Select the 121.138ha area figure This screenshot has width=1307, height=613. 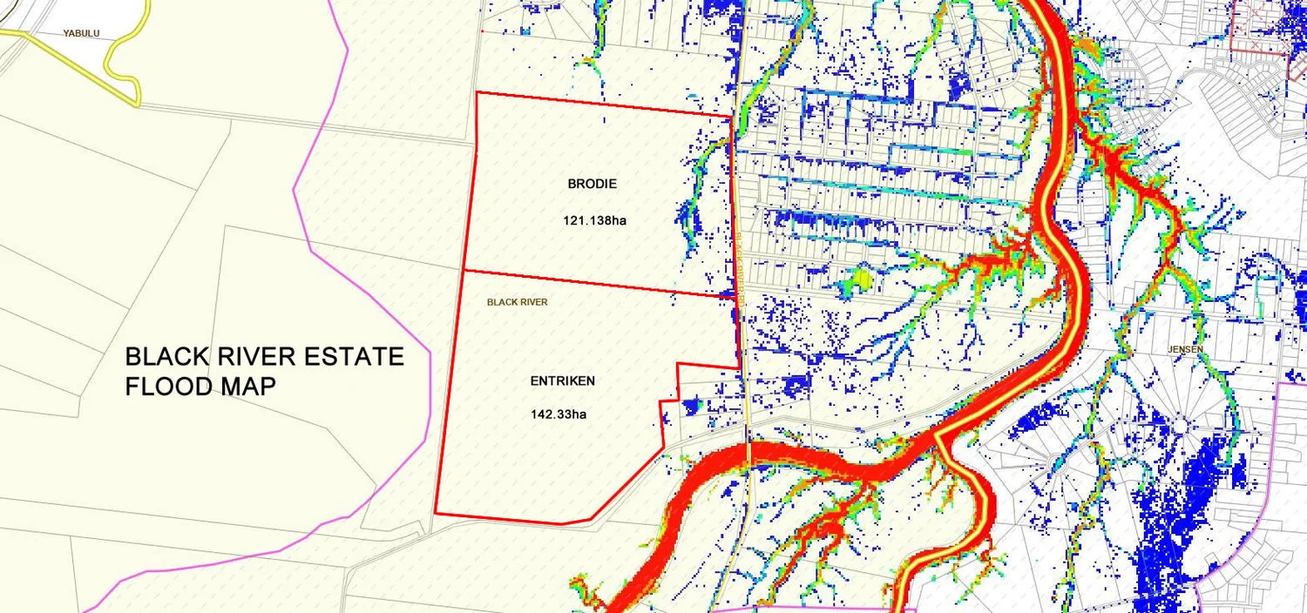[x=595, y=220]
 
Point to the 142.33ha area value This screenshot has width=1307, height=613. [x=559, y=414]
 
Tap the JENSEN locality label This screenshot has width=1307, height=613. [x=1186, y=349]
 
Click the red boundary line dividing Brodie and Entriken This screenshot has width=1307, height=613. [x=593, y=282]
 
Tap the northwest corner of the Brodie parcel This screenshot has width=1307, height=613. [x=477, y=91]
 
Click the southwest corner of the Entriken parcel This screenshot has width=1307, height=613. [x=435, y=514]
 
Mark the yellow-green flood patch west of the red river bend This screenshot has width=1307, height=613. [x=857, y=280]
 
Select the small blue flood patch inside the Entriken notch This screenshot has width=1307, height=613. [x=693, y=405]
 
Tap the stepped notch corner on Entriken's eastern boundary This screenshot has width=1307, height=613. [x=678, y=364]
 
